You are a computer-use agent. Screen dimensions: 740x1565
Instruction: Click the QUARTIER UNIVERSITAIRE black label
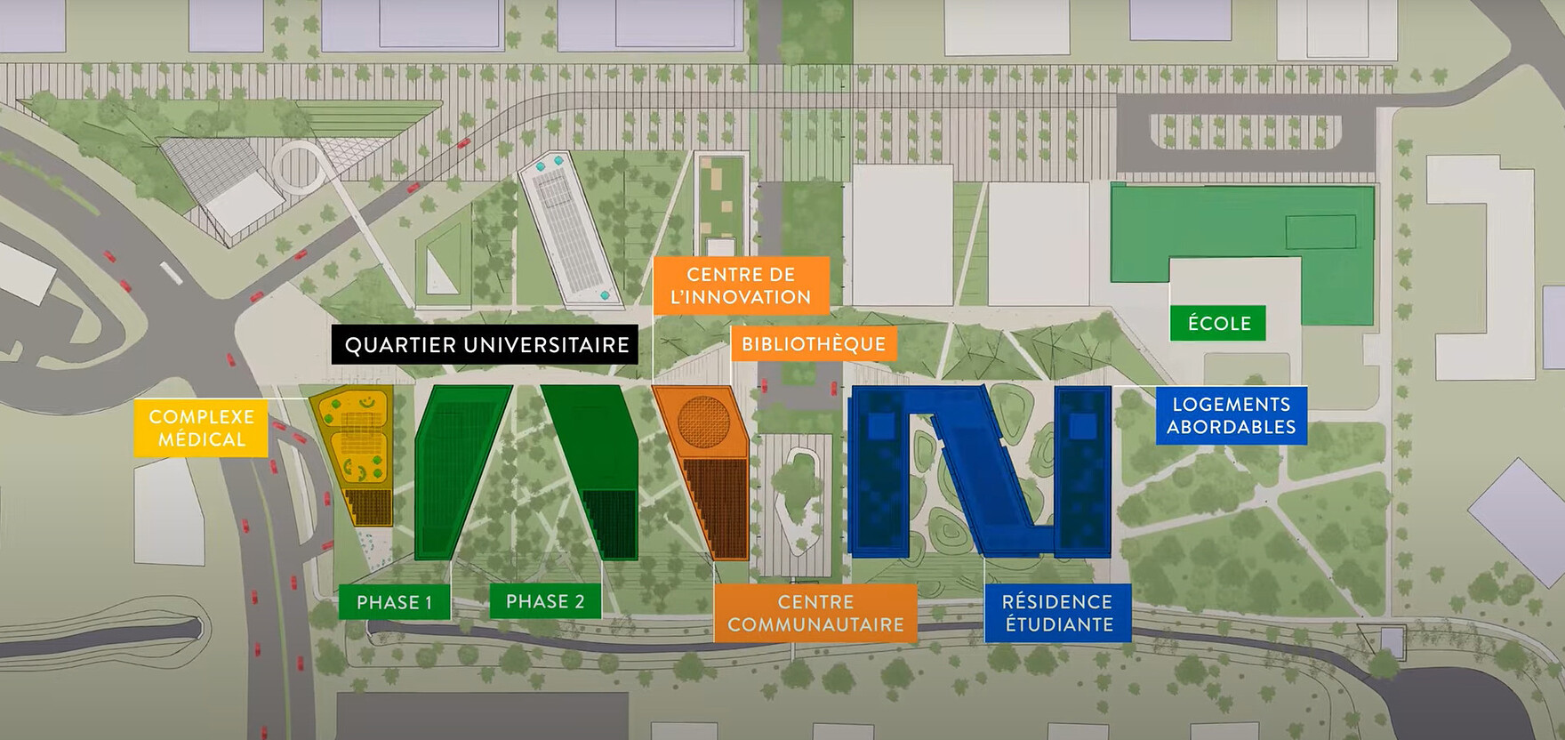(486, 344)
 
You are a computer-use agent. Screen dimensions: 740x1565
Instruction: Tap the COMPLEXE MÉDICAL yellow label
(201, 428)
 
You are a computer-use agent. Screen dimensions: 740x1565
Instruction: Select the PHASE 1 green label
(394, 602)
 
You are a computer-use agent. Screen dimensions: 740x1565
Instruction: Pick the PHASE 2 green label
(545, 601)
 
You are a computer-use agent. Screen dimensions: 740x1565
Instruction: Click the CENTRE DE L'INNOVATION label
(741, 286)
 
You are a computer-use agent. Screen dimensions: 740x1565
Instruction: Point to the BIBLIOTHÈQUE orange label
(813, 344)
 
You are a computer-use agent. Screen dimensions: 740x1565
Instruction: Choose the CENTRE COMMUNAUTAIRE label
(815, 613)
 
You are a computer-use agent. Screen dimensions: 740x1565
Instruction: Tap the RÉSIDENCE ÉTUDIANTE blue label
(1057, 613)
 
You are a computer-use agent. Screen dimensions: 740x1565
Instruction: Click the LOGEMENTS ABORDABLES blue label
(1231, 415)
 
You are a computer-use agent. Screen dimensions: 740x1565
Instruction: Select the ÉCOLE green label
(1218, 323)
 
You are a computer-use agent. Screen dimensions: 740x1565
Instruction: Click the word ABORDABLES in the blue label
(1231, 427)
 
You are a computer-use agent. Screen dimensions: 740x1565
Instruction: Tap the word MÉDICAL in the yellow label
(201, 439)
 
